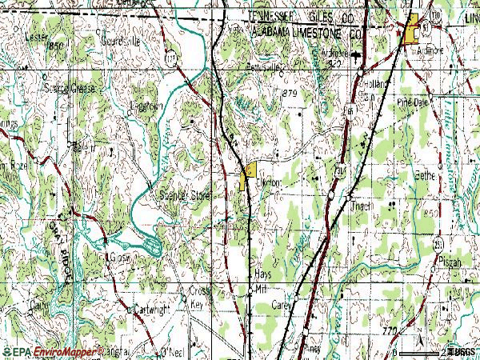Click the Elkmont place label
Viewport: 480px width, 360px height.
(269, 182)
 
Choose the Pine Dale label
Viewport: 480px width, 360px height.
(414, 103)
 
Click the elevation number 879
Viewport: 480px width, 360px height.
(290, 94)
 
